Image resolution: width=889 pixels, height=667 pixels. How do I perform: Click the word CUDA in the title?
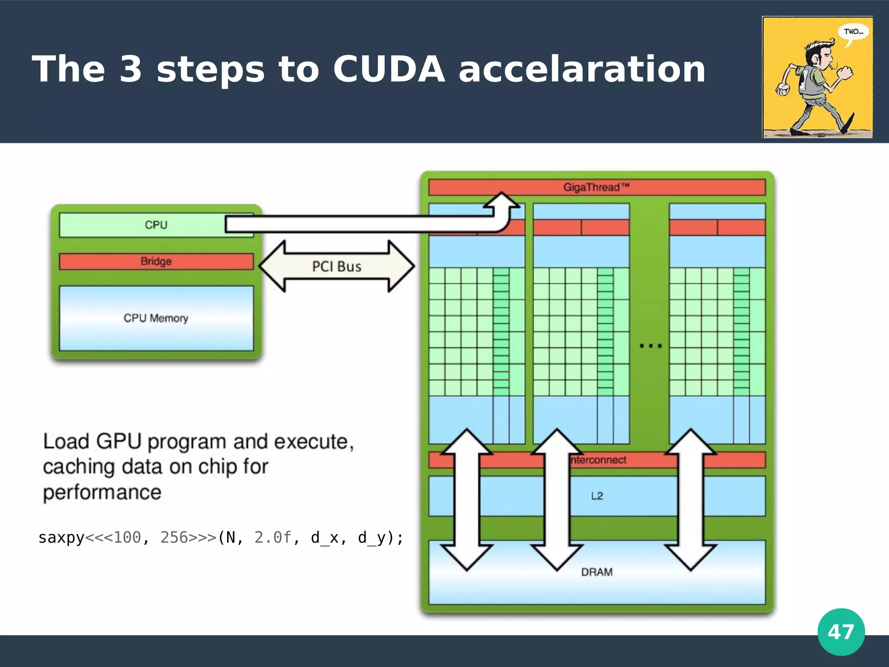click(389, 69)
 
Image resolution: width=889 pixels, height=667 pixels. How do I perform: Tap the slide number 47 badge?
click(841, 632)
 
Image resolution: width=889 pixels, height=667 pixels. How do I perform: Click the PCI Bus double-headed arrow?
click(337, 266)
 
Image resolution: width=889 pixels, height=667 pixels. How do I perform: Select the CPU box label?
click(156, 225)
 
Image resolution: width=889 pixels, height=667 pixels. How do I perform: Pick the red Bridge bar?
click(156, 261)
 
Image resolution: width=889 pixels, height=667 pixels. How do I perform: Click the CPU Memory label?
click(156, 318)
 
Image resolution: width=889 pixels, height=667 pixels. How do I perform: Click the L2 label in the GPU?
click(597, 496)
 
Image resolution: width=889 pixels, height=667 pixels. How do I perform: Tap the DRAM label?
click(597, 572)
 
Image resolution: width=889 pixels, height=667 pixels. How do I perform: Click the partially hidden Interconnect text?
click(599, 460)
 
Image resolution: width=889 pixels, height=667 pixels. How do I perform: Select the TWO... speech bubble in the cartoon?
click(853, 32)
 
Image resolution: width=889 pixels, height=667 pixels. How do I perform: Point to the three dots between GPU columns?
click(651, 346)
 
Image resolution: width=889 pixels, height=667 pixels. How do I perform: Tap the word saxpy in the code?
click(61, 538)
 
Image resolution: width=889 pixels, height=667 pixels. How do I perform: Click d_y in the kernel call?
click(371, 538)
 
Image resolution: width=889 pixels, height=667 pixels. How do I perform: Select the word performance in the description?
click(102, 492)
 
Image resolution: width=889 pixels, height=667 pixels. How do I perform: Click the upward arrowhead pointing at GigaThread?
click(502, 201)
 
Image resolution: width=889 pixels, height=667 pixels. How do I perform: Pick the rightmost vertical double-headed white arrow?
click(690, 499)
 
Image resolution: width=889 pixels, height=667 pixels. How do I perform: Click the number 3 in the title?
click(131, 69)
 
